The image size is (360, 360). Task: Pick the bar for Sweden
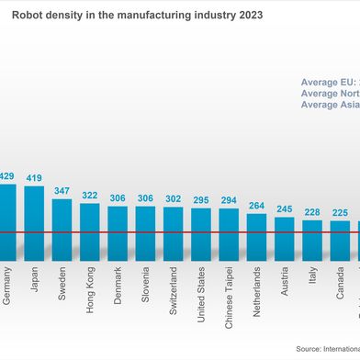(x=62, y=231)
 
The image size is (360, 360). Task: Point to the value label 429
(x=6, y=176)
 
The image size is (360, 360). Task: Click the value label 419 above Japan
(x=34, y=178)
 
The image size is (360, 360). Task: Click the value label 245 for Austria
(x=285, y=209)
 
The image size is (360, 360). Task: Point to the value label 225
(x=341, y=213)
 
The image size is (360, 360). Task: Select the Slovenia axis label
(x=146, y=291)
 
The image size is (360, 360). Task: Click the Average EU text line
(x=330, y=83)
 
